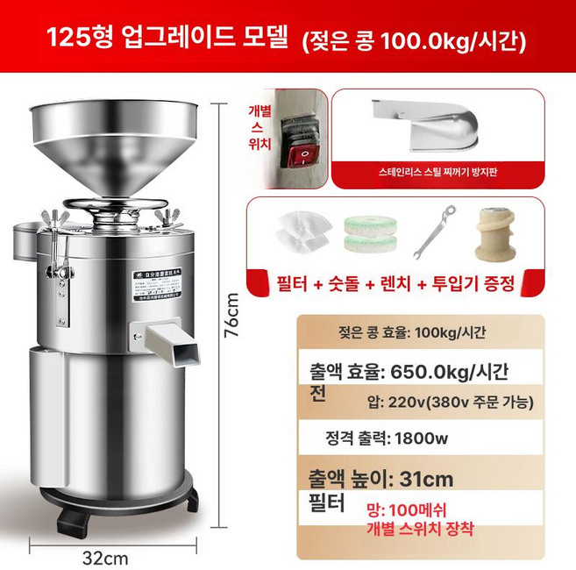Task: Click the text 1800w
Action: point(424,438)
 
